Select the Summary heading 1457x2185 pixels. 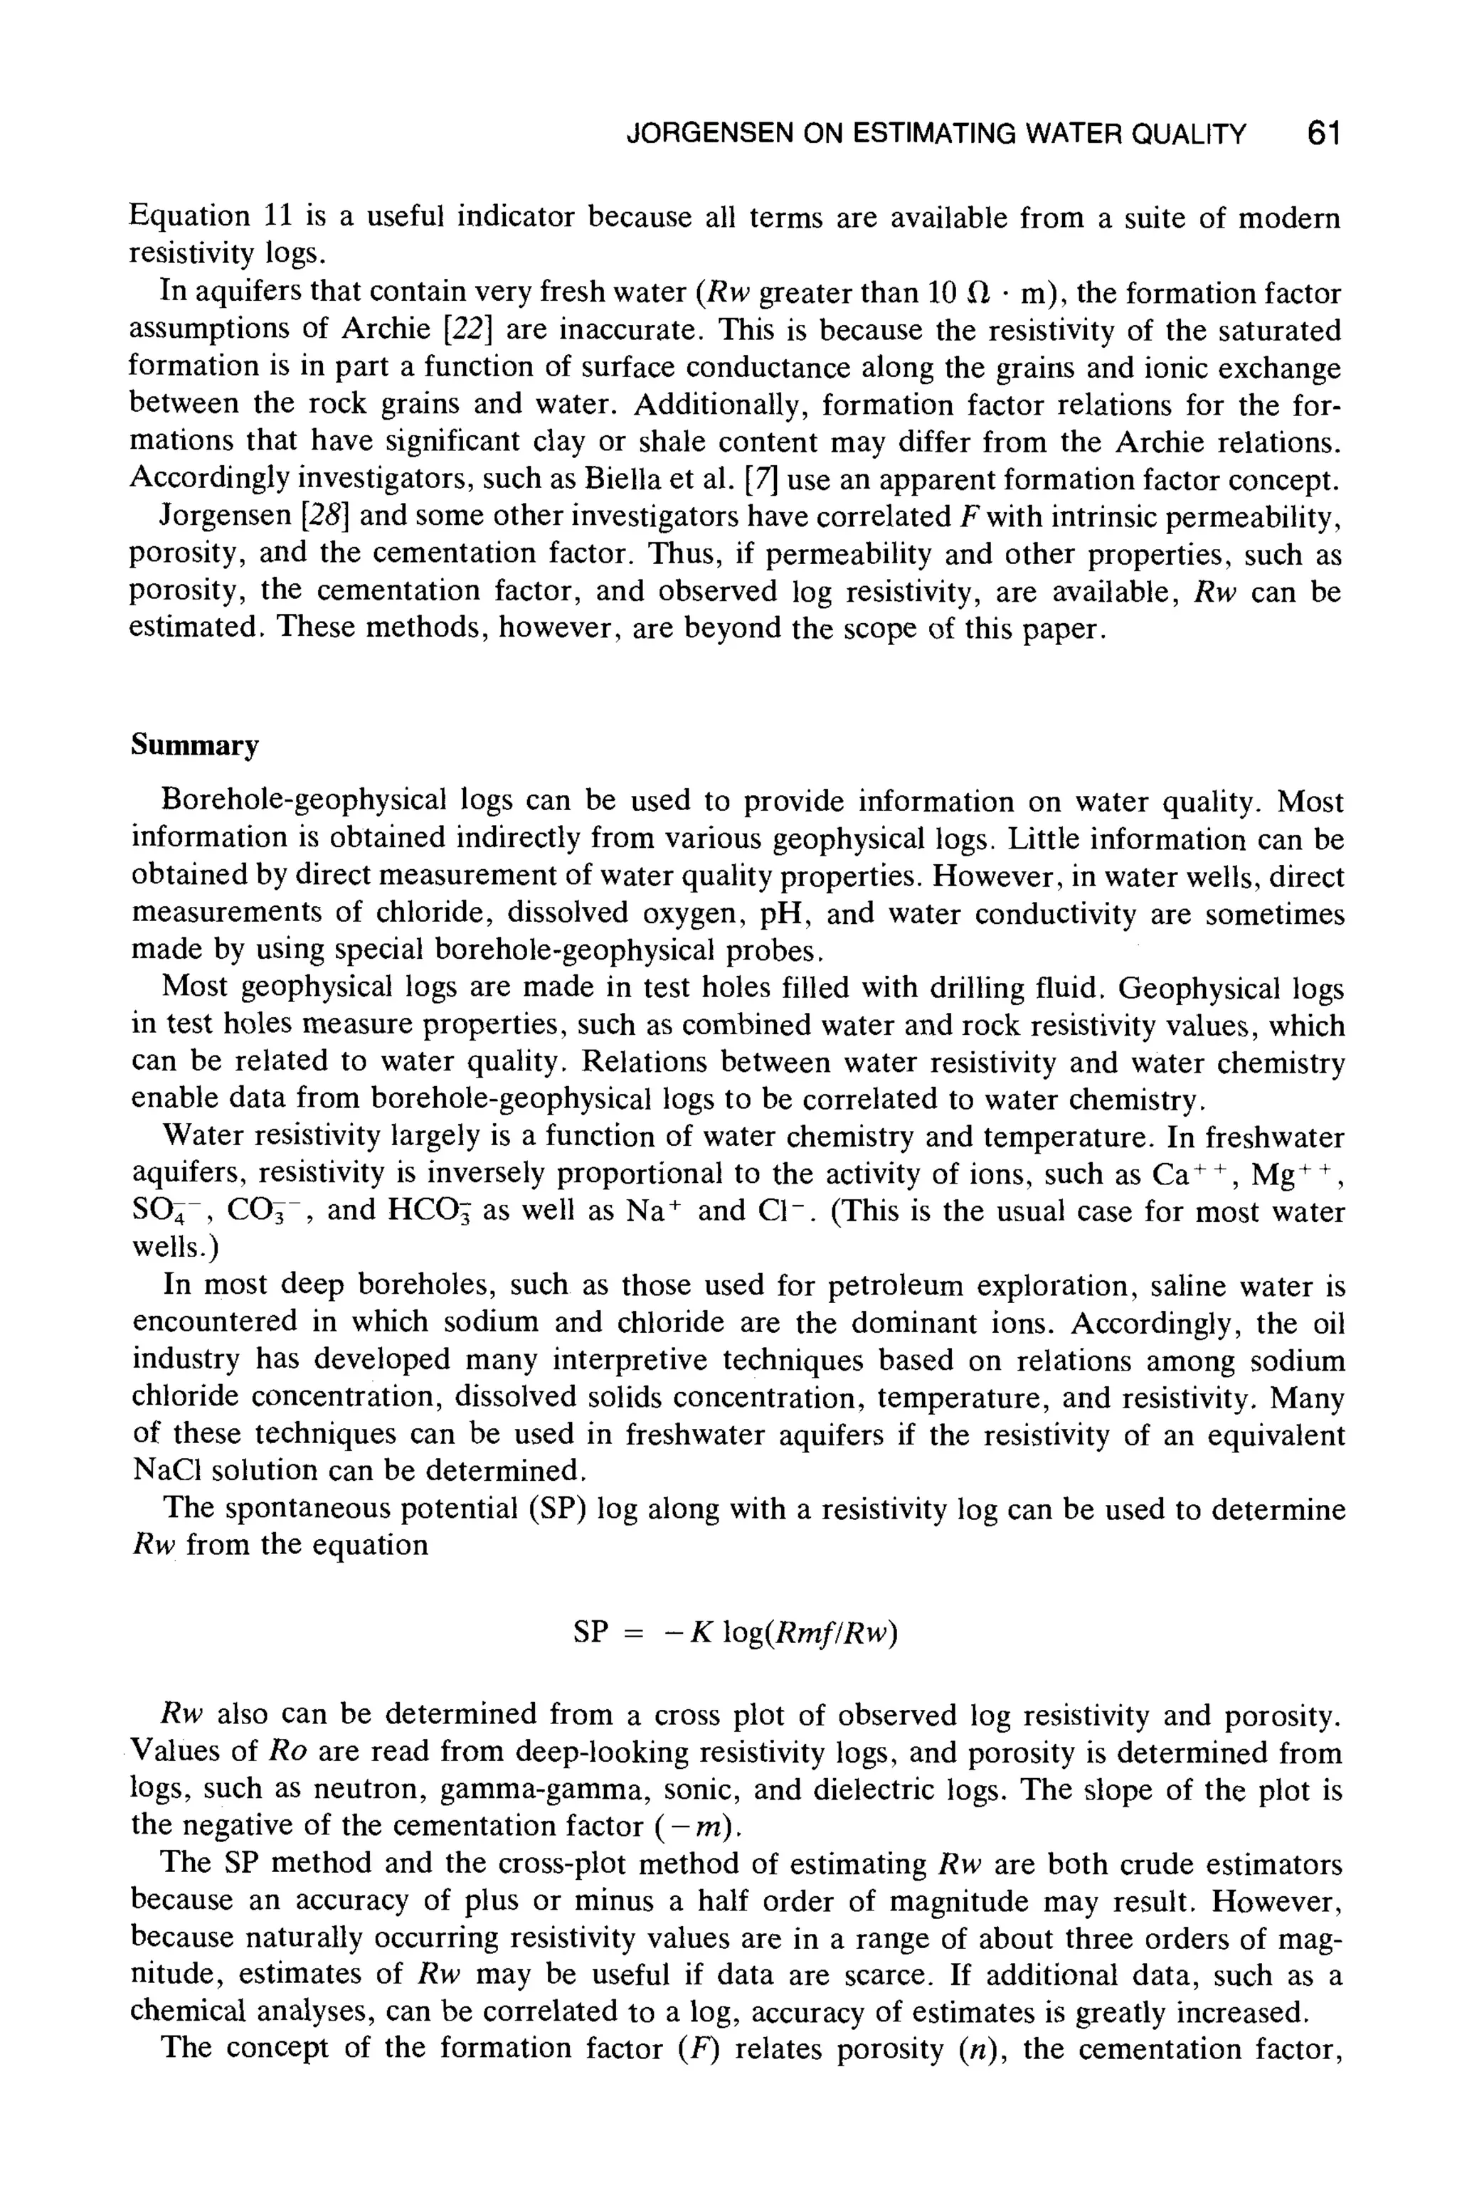pos(194,745)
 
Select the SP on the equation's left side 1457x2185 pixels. pos(590,1632)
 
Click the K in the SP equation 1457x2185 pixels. pos(701,1632)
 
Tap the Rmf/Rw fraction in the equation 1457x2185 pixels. pos(832,1632)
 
